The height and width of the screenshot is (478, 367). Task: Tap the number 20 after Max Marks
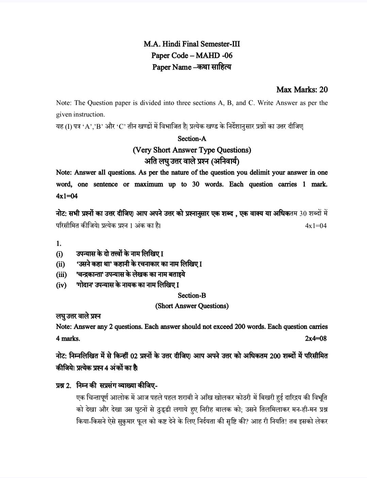click(323, 89)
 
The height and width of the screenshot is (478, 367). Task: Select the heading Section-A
click(192, 139)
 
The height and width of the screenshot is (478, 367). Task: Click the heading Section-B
click(192, 295)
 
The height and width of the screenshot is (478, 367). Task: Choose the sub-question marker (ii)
click(60, 264)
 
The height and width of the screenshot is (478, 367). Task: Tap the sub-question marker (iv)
click(61, 285)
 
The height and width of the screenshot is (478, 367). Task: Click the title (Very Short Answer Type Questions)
click(192, 150)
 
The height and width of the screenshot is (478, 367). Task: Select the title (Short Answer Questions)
click(192, 306)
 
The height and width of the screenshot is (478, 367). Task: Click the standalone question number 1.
click(59, 243)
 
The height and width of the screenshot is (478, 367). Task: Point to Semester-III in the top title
click(222, 44)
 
